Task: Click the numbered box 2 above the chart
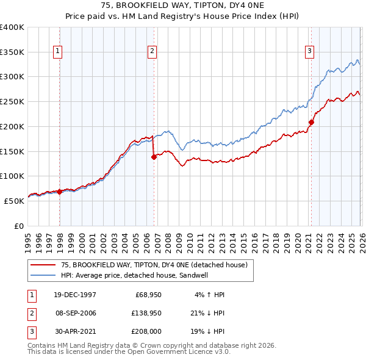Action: [x=152, y=51]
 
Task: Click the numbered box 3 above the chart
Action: [x=309, y=51]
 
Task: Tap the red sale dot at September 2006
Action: [x=154, y=157]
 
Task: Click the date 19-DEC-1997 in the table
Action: [x=74, y=295]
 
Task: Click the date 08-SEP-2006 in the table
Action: [x=74, y=314]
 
